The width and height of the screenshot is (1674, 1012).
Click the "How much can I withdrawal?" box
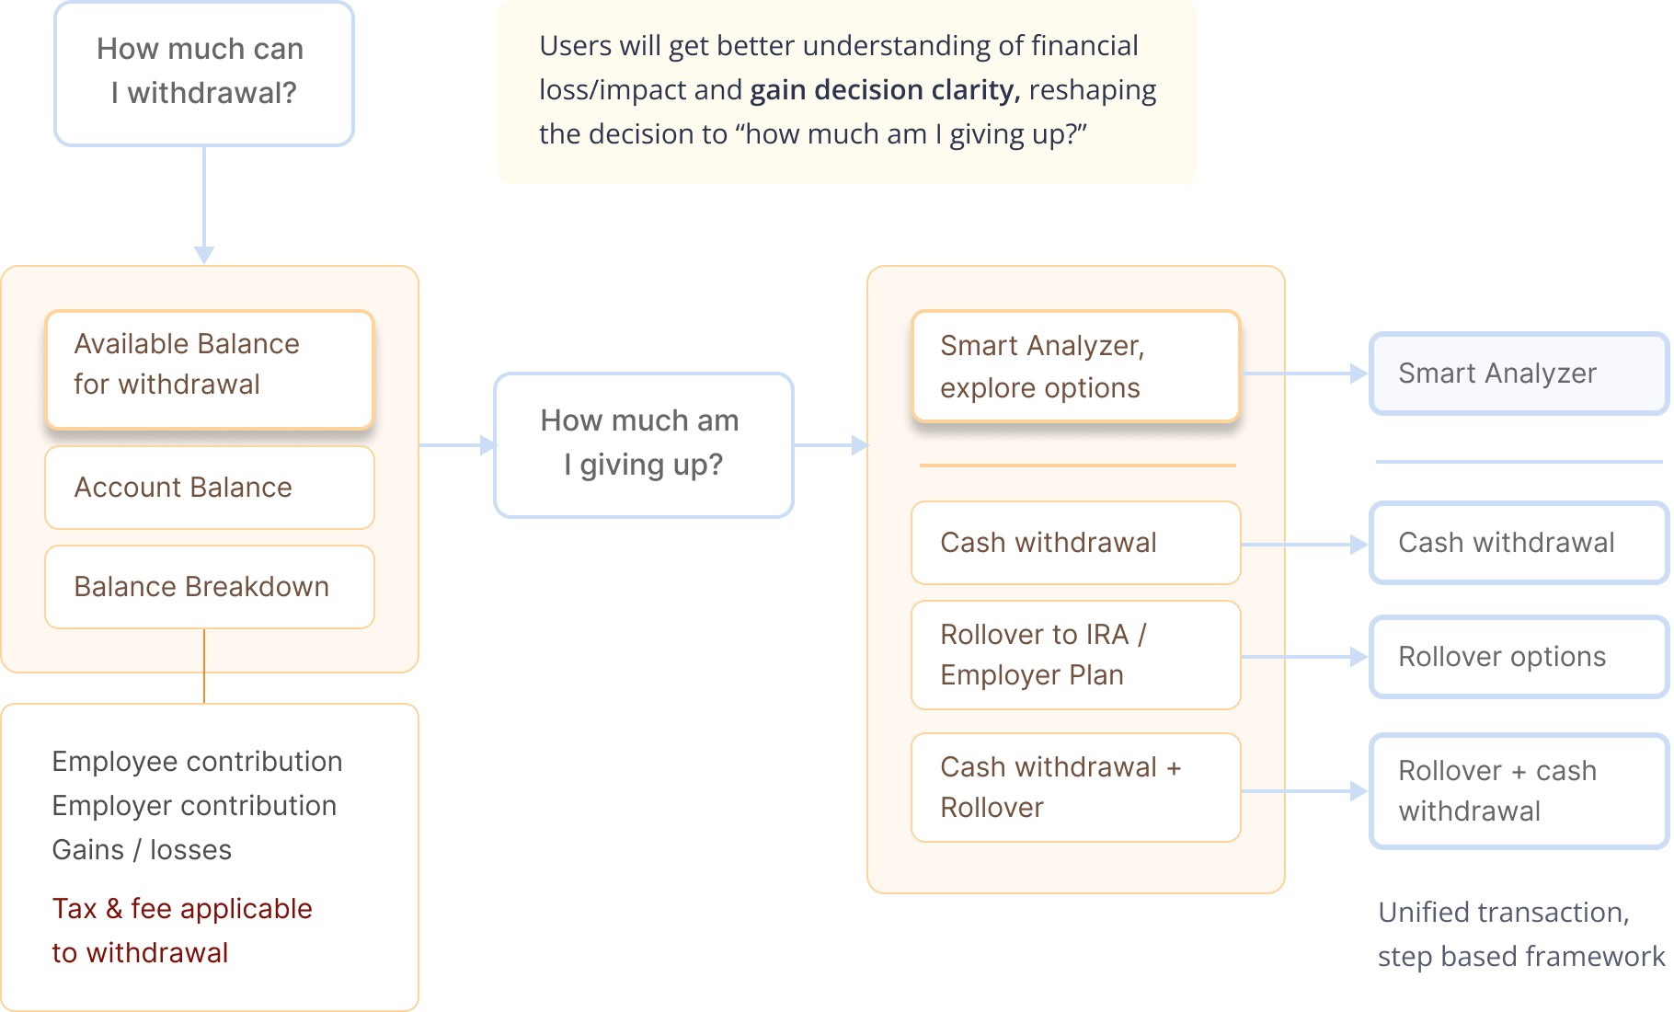pos(203,73)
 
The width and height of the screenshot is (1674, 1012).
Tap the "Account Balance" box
pos(210,488)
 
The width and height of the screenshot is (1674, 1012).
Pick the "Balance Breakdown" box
pos(210,587)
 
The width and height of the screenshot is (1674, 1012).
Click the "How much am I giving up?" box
pos(643,444)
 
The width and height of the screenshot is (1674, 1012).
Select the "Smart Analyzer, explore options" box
pos(1075,366)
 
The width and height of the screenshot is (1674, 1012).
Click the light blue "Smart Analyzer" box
pos(1518,374)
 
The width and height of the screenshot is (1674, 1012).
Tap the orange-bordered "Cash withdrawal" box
pos(1075,543)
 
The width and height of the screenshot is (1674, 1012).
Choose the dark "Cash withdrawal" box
pos(1518,543)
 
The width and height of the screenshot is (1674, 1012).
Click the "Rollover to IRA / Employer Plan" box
pos(1075,655)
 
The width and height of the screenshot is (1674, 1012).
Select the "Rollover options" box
pos(1518,657)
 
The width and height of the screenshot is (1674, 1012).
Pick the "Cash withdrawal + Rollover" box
pos(1075,788)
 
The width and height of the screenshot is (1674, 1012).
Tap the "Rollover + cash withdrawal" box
pos(1518,790)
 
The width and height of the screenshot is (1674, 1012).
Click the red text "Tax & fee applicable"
pos(182,909)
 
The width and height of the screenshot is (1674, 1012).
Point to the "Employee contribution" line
pos(197,762)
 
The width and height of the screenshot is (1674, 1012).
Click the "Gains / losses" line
pos(142,850)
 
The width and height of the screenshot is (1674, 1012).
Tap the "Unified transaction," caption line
pos(1503,913)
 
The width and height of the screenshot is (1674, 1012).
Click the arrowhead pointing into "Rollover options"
pos(1359,657)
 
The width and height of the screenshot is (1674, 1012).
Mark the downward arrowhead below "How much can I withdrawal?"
pos(204,255)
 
